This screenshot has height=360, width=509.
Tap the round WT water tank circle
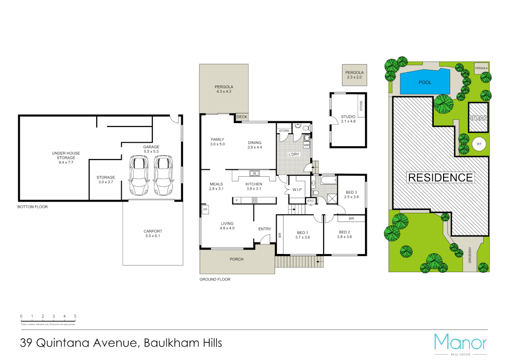[479, 144]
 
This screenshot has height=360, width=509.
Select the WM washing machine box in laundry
[306, 145]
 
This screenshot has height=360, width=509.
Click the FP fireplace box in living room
[205, 209]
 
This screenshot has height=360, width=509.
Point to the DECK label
[242, 117]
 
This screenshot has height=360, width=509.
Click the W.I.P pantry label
[297, 190]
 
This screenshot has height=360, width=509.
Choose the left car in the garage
[139, 175]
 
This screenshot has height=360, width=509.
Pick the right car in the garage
[163, 175]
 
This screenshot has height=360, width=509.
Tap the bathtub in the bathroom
[328, 180]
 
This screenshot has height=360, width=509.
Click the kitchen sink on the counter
[254, 173]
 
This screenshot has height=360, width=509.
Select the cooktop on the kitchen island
[254, 200]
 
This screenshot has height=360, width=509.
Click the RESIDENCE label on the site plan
[440, 178]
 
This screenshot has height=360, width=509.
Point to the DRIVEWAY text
[470, 255]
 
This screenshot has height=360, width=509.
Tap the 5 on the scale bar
[75, 316]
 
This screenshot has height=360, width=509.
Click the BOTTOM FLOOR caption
[33, 207]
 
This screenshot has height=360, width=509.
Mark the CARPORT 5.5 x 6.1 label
[153, 233]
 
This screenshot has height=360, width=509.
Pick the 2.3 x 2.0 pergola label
[354, 77]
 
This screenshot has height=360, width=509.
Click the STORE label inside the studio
[361, 106]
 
